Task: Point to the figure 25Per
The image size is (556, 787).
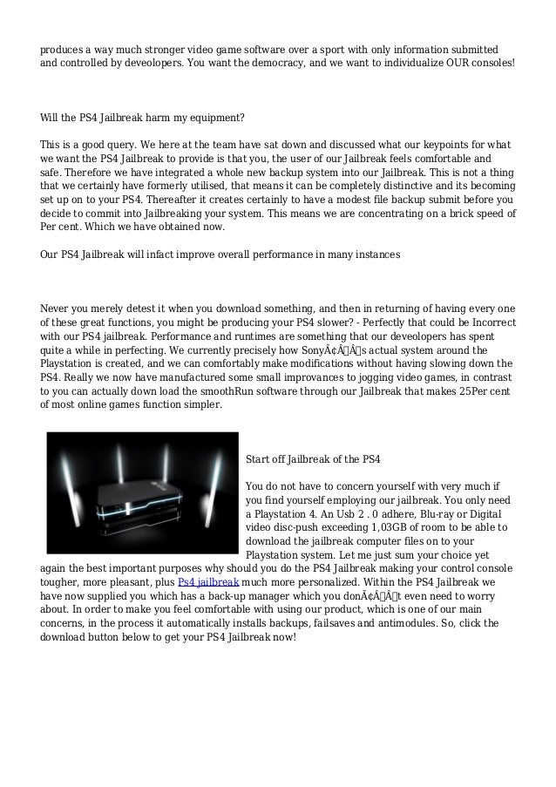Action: point(464,391)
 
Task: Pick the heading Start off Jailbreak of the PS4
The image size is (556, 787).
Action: point(313,458)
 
